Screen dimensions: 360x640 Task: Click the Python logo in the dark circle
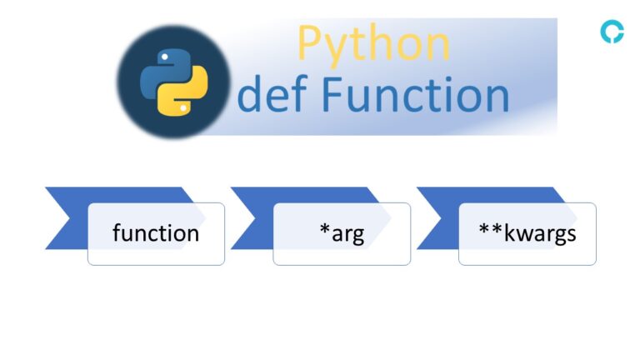[x=173, y=81]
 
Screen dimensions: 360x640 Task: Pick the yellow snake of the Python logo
[x=184, y=92]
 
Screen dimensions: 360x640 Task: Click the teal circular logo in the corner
[x=612, y=32]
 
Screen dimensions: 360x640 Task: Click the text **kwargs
[x=527, y=233]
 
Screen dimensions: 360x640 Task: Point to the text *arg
[x=342, y=233]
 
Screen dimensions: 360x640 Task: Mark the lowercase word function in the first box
[x=156, y=233]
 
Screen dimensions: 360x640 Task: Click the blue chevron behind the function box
[x=67, y=218]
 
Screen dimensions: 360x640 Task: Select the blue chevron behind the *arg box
[x=252, y=218]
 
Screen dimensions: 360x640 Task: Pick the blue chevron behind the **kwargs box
[x=437, y=218]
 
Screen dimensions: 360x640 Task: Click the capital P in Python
[x=311, y=42]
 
